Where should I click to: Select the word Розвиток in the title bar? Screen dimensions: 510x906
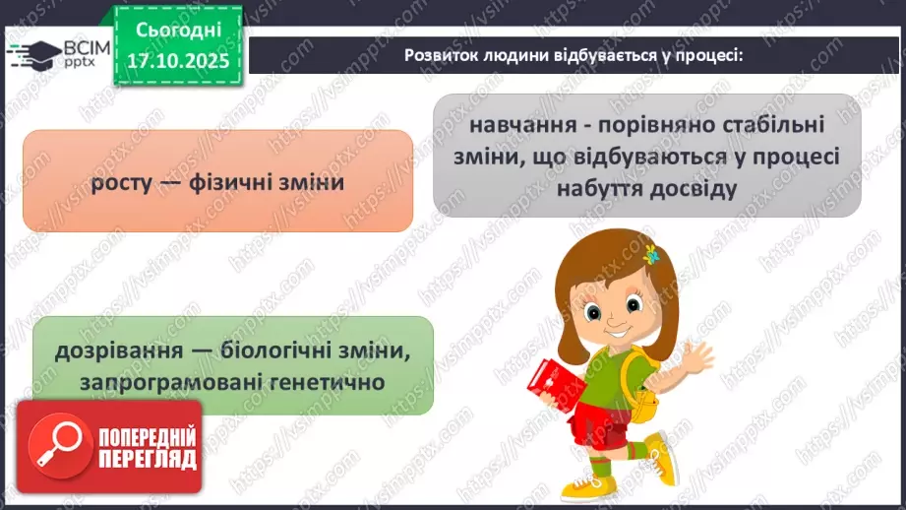tap(440, 56)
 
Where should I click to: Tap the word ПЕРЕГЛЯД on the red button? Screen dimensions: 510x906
tap(147, 459)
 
